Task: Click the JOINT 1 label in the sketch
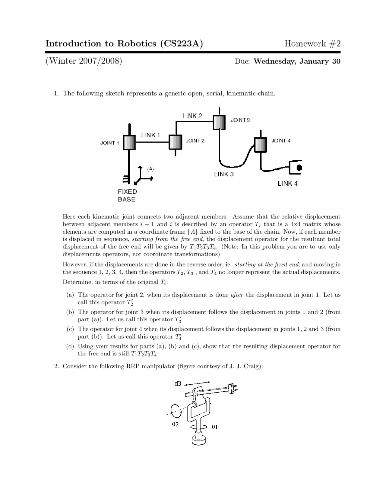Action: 109,143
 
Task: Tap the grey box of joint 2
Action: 175,142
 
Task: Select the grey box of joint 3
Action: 219,122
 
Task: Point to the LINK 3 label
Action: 224,174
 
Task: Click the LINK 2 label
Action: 192,116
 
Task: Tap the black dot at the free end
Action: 299,168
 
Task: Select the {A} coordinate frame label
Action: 150,168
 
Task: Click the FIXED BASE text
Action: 127,195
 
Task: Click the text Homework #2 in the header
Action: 312,44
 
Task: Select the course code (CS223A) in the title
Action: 180,44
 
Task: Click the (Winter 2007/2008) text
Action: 84,61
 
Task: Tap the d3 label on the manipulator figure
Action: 178,383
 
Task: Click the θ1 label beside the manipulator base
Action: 214,427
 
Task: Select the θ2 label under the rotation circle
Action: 175,424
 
